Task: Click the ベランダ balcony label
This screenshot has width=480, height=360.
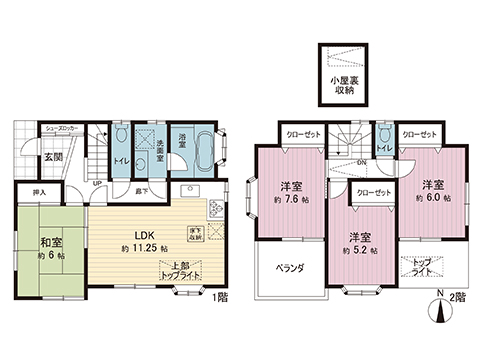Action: pos(290,269)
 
